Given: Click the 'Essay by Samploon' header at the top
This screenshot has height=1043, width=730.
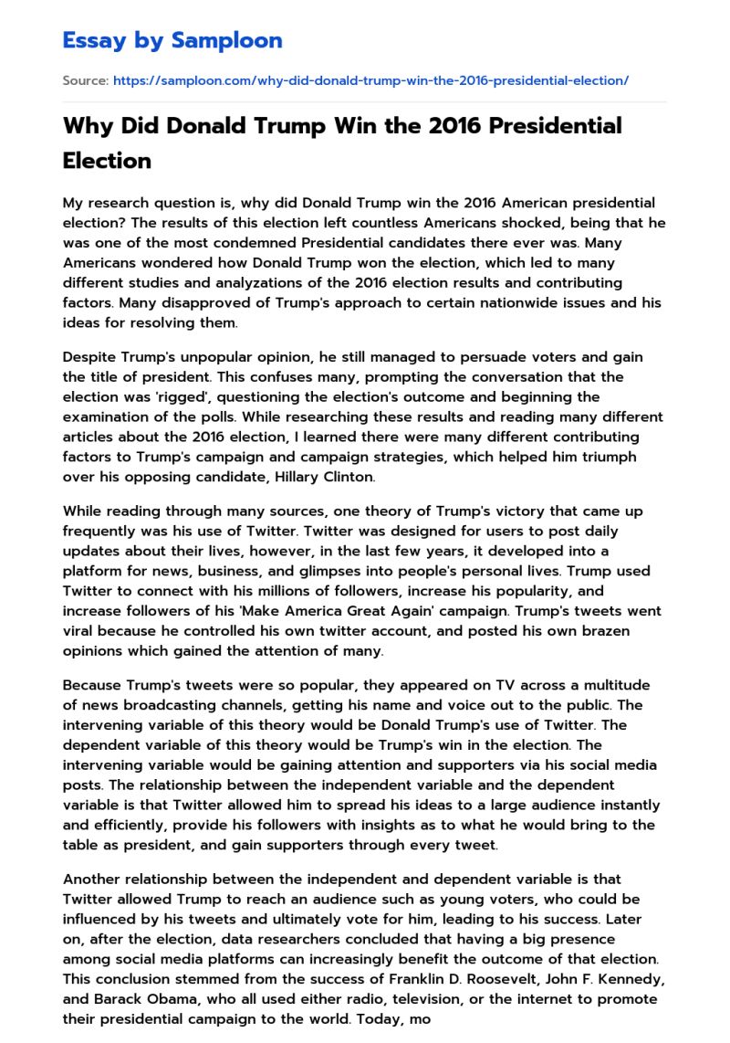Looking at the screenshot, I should click(172, 40).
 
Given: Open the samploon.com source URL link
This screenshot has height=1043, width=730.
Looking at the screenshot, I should click(370, 80).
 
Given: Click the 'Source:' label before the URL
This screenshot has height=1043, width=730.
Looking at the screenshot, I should click(85, 80).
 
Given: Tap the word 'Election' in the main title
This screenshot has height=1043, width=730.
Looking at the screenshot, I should click(107, 160).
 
